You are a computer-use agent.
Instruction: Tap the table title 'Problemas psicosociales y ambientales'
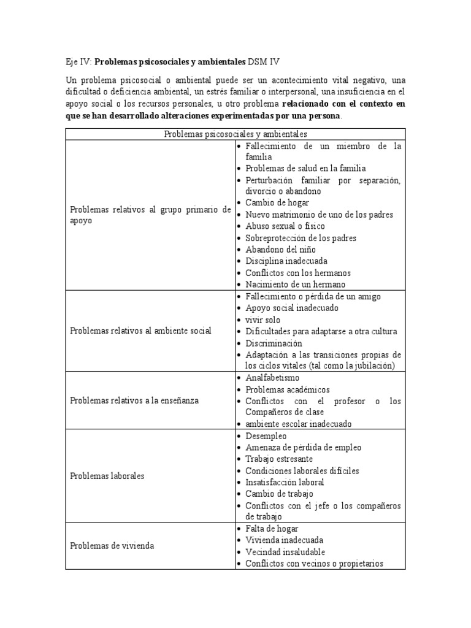tap(235, 134)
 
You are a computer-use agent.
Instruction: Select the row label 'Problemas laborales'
tap(107, 476)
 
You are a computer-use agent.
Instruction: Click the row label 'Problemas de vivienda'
tap(112, 546)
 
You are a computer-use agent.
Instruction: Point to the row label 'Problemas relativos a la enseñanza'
tap(134, 400)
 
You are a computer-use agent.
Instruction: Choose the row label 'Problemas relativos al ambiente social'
tap(140, 331)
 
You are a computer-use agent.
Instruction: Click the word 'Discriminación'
tap(274, 343)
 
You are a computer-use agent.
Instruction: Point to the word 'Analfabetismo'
tap(273, 378)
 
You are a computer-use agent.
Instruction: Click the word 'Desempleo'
tap(266, 436)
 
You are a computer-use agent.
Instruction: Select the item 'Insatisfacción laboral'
tap(285, 483)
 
